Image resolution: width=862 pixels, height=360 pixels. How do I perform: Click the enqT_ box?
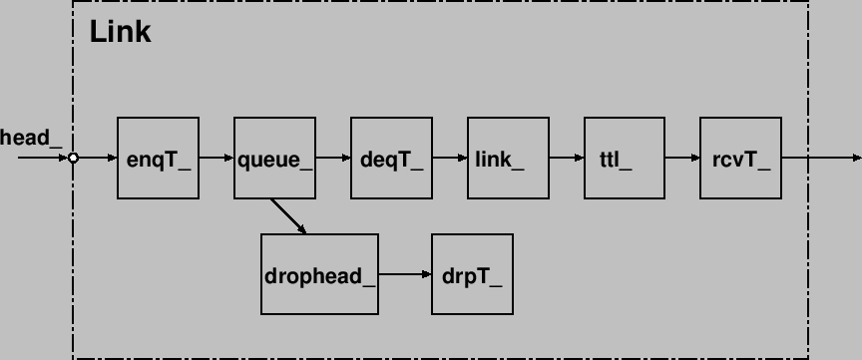pyautogui.click(x=158, y=158)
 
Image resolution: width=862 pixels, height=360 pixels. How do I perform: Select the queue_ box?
pyautogui.click(x=274, y=158)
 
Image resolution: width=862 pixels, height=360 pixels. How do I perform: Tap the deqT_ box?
pyautogui.click(x=391, y=158)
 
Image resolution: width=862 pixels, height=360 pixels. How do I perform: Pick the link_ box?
pyautogui.click(x=508, y=158)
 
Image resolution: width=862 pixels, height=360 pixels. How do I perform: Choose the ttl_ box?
pyautogui.click(x=625, y=158)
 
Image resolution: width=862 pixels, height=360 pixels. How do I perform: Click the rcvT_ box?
pyautogui.click(x=740, y=158)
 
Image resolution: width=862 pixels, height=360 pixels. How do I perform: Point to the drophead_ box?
pyautogui.click(x=319, y=274)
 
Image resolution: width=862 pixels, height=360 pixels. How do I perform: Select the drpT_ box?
pyautogui.click(x=472, y=274)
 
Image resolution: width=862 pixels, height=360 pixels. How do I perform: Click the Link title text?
pyautogui.click(x=120, y=32)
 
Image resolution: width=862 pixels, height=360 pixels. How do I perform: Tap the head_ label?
pyautogui.click(x=30, y=138)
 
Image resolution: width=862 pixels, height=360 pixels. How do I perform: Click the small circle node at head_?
pyautogui.click(x=73, y=158)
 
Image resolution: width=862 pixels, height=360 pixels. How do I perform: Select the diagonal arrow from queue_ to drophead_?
pyautogui.click(x=288, y=216)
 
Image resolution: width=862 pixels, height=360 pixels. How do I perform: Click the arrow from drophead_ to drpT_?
pyautogui.click(x=405, y=274)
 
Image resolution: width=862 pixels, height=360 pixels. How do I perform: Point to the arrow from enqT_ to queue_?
pyautogui.click(x=216, y=158)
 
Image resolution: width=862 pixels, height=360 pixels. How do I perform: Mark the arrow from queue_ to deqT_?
pyautogui.click(x=333, y=158)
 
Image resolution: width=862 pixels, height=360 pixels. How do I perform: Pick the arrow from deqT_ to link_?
pyautogui.click(x=450, y=158)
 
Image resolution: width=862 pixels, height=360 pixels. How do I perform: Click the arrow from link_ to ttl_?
pyautogui.click(x=567, y=158)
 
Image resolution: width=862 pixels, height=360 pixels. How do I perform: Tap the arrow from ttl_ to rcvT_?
pyautogui.click(x=682, y=158)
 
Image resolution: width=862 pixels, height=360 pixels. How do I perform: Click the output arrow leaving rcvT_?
pyautogui.click(x=821, y=158)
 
